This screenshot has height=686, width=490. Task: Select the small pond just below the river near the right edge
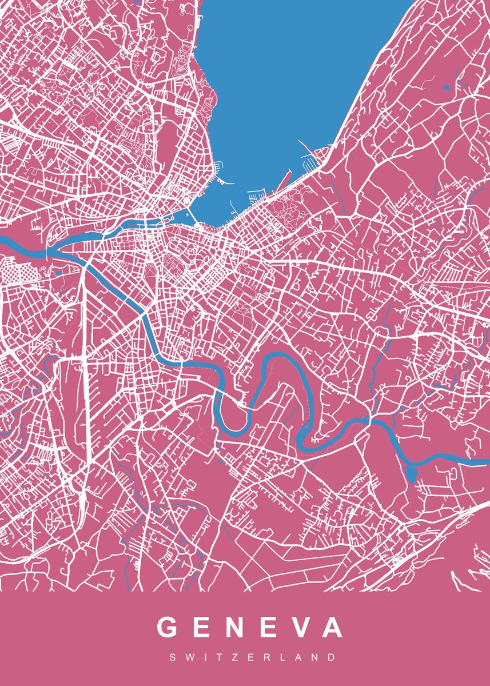click(x=410, y=474)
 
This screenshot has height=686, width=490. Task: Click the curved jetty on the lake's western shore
click(x=225, y=182)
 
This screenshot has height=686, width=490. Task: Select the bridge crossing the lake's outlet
click(x=192, y=218)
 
